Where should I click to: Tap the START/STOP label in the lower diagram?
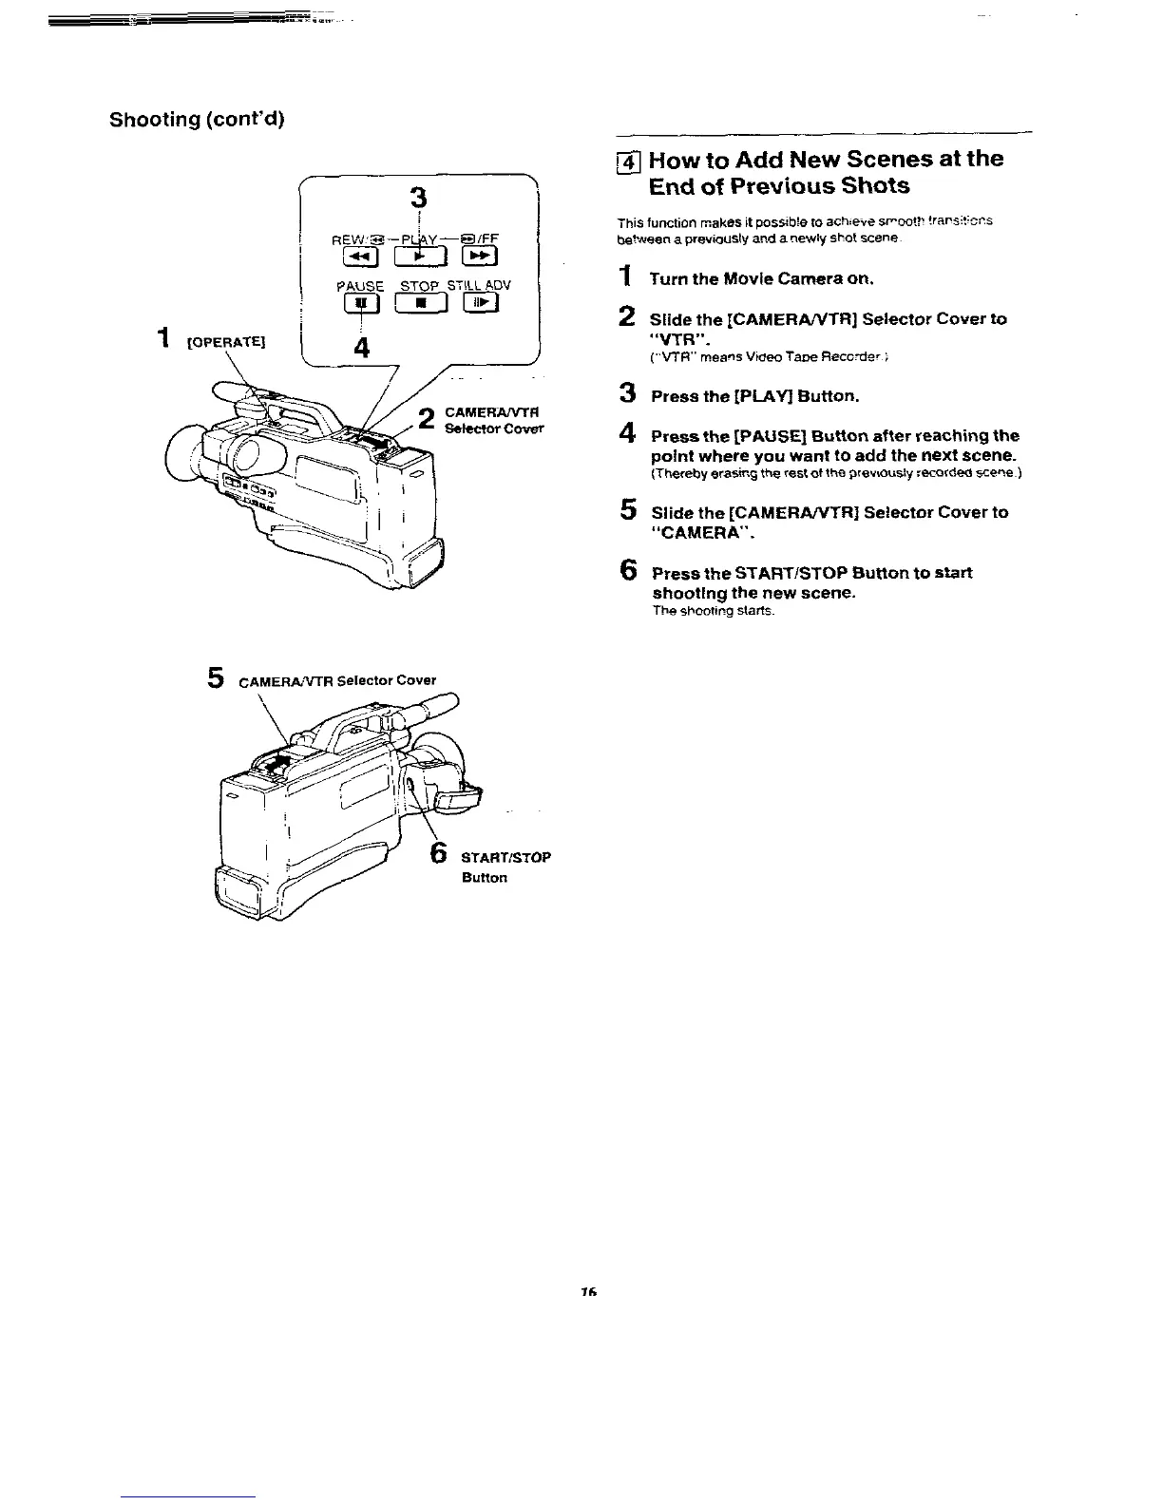(505, 857)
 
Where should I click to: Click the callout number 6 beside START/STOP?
(439, 852)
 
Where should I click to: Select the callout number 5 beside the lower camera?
(216, 677)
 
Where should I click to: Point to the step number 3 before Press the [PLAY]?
(626, 392)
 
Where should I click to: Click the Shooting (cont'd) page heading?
(198, 120)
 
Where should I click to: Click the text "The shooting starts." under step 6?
(714, 611)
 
